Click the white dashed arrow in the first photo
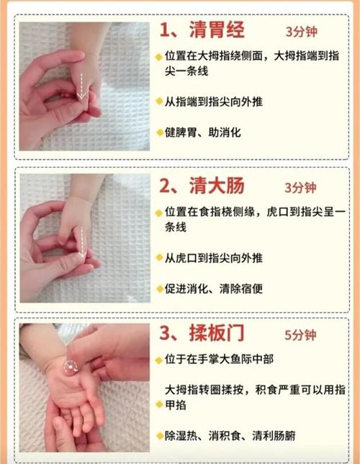click(83, 85)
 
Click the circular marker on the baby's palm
click(71, 367)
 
